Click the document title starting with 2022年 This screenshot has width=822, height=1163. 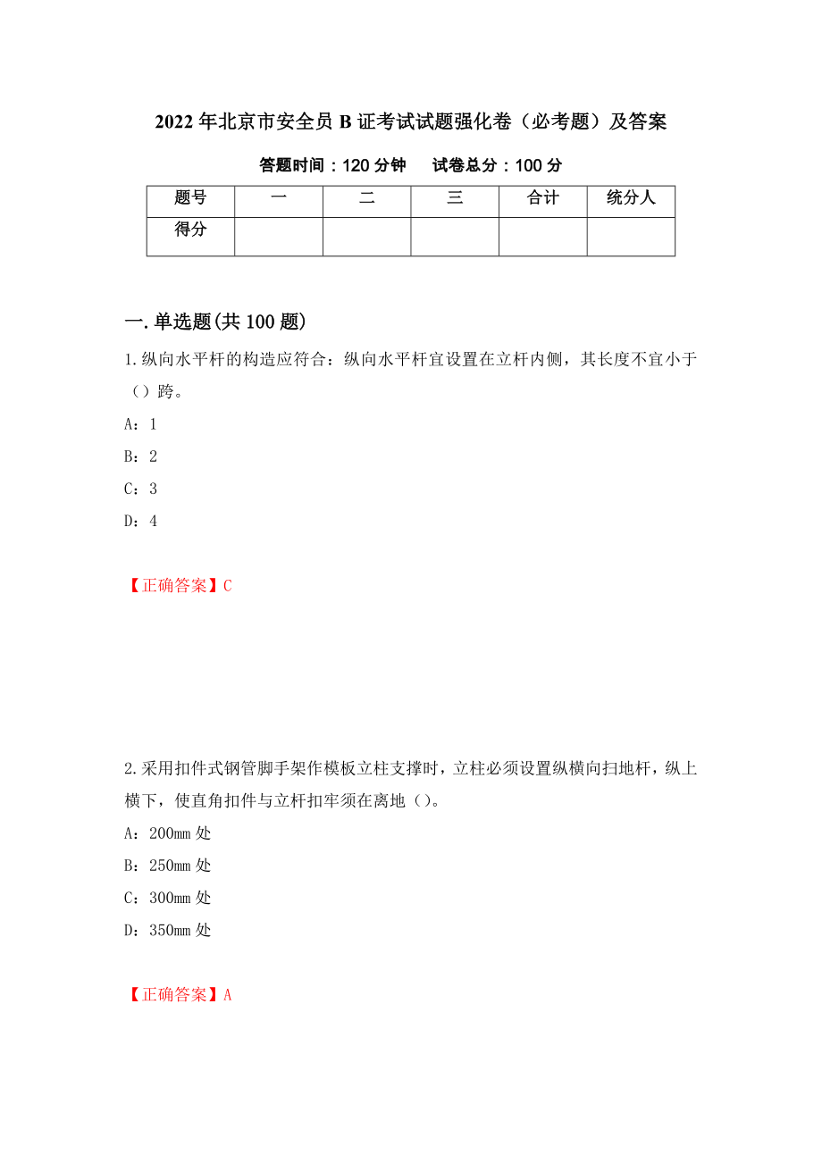click(410, 122)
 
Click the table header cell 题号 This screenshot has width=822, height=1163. click(190, 198)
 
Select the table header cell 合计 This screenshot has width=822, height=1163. click(542, 198)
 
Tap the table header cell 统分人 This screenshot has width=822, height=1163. click(631, 198)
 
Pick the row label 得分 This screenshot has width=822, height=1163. click(190, 230)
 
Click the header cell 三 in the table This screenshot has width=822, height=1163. click(455, 198)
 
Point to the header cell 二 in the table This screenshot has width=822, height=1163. click(366, 198)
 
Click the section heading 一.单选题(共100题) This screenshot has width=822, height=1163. click(215, 322)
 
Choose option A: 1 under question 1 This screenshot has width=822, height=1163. click(140, 424)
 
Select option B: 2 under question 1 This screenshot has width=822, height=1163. click(140, 456)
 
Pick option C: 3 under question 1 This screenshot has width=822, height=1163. click(140, 489)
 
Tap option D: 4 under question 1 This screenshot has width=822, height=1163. click(140, 521)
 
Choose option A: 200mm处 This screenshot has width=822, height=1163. click(167, 833)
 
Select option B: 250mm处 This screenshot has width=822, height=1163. click(167, 866)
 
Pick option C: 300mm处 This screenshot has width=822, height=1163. click(167, 898)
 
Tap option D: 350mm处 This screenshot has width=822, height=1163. click(167, 930)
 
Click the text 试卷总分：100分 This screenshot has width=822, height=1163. click(497, 165)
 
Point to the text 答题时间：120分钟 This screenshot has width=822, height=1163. click(332, 165)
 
